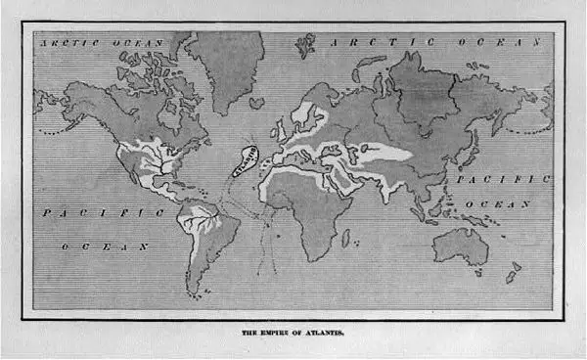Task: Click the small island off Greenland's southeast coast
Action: [255, 102]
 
